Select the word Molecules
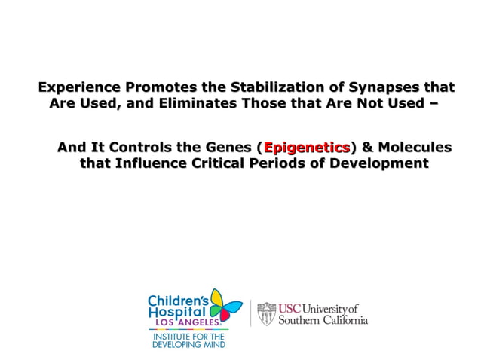414,146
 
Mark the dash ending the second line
431,104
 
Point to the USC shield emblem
267,313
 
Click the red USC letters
290,309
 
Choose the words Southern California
323,320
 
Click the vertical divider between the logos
250,313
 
